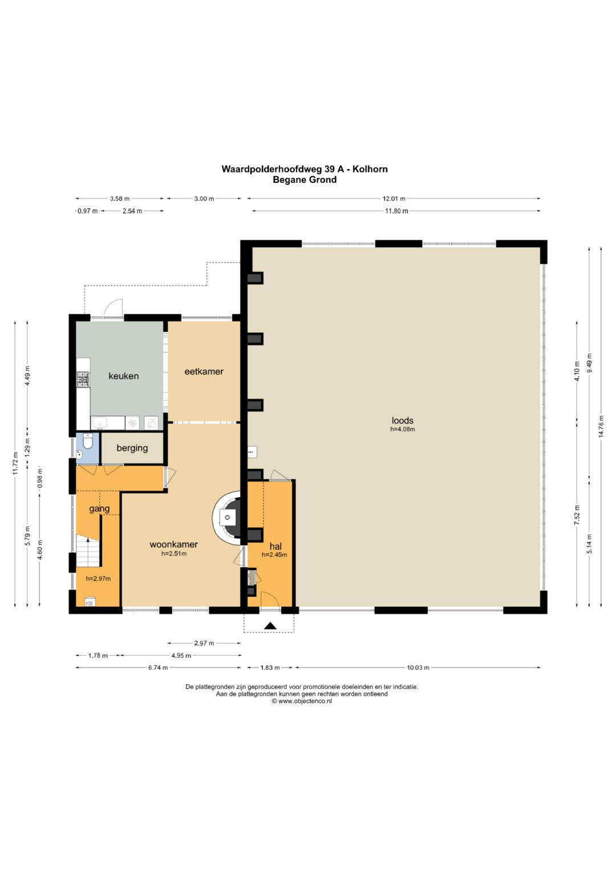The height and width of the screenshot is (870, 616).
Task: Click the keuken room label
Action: pos(123,376)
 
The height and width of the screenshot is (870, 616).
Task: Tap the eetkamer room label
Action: pos(204,371)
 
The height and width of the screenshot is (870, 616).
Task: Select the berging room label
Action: pos(132,448)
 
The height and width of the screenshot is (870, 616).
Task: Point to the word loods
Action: pos(403,420)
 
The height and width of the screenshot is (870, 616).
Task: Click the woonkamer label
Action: pos(174,544)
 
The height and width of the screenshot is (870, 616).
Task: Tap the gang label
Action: pos(99,508)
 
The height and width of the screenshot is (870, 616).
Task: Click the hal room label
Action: pos(275,547)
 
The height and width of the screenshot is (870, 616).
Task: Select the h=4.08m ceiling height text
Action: pos(403,429)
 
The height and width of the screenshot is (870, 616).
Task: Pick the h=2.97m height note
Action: pos(98,579)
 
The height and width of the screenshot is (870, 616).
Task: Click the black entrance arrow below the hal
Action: pos(271,626)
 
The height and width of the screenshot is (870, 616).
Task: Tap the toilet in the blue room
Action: pos(88,441)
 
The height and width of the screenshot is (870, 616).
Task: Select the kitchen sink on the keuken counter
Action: pos(102,423)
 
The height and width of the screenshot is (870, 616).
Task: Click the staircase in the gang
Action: pos(88,551)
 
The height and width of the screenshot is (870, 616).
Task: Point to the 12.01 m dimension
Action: pos(394,198)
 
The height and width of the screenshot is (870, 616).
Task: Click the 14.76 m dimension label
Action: pos(601,426)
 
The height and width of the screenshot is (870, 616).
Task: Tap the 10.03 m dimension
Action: pos(418,668)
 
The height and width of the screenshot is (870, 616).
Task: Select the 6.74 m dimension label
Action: pos(159,668)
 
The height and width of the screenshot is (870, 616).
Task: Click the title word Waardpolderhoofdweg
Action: pos(269,169)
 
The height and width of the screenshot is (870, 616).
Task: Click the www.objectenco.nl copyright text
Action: pos(301,701)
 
